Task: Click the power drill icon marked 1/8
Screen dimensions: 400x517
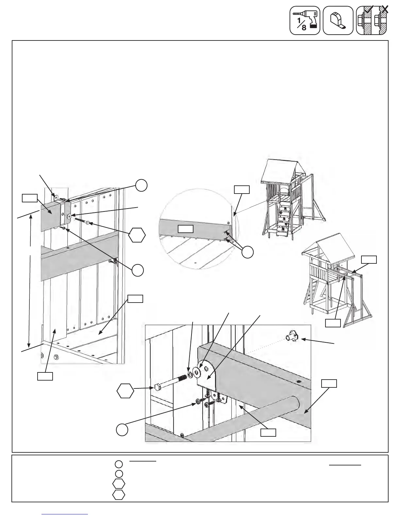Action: point(305,20)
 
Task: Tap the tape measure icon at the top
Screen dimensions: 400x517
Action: point(338,21)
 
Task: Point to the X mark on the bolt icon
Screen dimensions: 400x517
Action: point(385,10)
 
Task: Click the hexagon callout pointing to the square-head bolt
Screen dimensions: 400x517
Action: point(125,391)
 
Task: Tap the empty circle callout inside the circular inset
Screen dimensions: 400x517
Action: point(247,252)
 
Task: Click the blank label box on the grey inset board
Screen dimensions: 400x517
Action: point(185,228)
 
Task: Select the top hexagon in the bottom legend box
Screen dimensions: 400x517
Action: point(119,484)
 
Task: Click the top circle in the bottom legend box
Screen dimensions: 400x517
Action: point(119,464)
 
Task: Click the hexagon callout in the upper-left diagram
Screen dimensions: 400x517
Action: point(137,235)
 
